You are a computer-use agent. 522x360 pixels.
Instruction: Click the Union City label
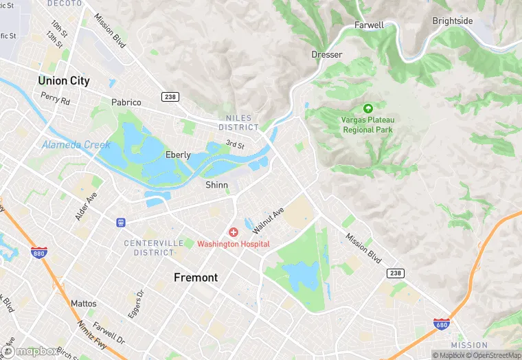63,80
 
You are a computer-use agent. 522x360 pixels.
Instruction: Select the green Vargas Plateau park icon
367,108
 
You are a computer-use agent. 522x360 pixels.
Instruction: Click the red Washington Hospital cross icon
234,233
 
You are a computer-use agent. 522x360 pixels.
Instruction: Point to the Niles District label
238,123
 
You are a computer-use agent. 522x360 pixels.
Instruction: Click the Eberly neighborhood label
178,155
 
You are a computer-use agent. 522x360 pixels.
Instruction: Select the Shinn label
216,185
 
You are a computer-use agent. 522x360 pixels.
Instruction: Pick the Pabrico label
126,102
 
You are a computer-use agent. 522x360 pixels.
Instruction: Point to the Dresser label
326,54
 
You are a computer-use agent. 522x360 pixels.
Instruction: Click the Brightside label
452,21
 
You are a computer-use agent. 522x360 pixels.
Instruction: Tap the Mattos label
84,303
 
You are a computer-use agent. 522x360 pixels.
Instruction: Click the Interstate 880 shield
38,253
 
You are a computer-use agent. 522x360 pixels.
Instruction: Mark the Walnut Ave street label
268,221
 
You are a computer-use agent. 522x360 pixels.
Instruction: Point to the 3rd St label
236,144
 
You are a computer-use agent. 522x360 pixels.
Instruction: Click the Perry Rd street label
55,99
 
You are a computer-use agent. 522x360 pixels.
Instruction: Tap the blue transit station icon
121,222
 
